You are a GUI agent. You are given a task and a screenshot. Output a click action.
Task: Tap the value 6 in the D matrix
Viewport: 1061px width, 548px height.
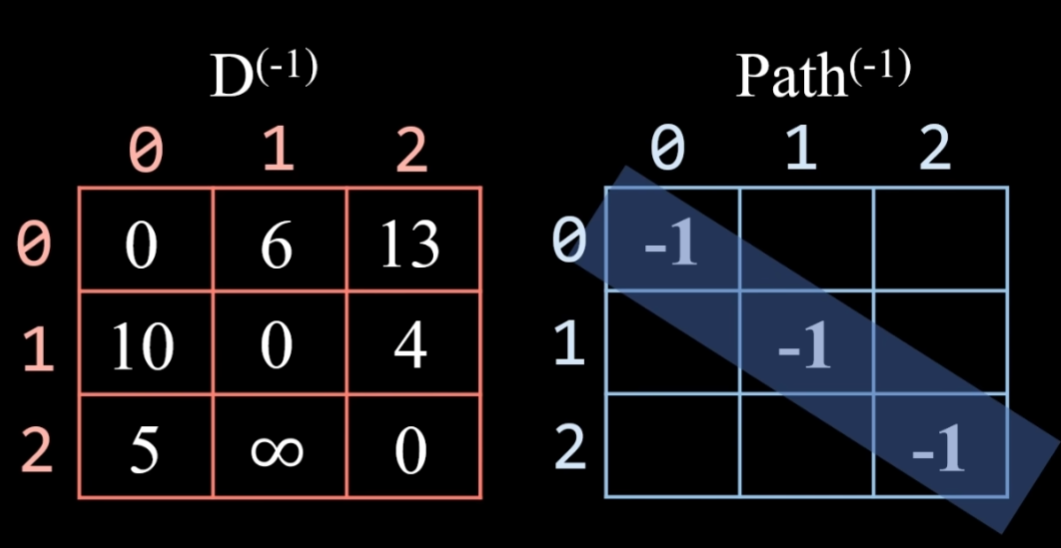pyautogui.click(x=277, y=243)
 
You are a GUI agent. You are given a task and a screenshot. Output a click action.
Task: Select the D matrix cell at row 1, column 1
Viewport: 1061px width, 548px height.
pyautogui.click(x=277, y=346)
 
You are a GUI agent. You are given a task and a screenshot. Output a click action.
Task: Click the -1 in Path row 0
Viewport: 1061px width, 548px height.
pyautogui.click(x=670, y=246)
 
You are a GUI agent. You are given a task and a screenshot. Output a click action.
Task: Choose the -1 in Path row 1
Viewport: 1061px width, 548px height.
pyautogui.click(x=805, y=349)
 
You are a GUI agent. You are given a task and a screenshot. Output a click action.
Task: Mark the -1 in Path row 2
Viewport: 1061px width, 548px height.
pyautogui.click(x=937, y=452)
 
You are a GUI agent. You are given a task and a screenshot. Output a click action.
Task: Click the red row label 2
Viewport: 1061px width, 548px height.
pyautogui.click(x=36, y=450)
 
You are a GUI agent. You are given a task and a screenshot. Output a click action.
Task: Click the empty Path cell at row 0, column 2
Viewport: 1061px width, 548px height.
pyautogui.click(x=941, y=240)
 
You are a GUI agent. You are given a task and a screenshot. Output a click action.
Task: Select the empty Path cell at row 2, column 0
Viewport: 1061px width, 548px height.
pyautogui.click(x=672, y=446)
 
